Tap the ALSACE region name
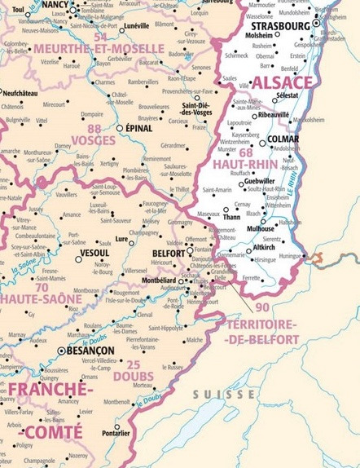tap(282, 83)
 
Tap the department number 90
tap(262, 307)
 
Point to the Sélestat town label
tap(286, 96)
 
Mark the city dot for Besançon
tap(60, 351)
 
